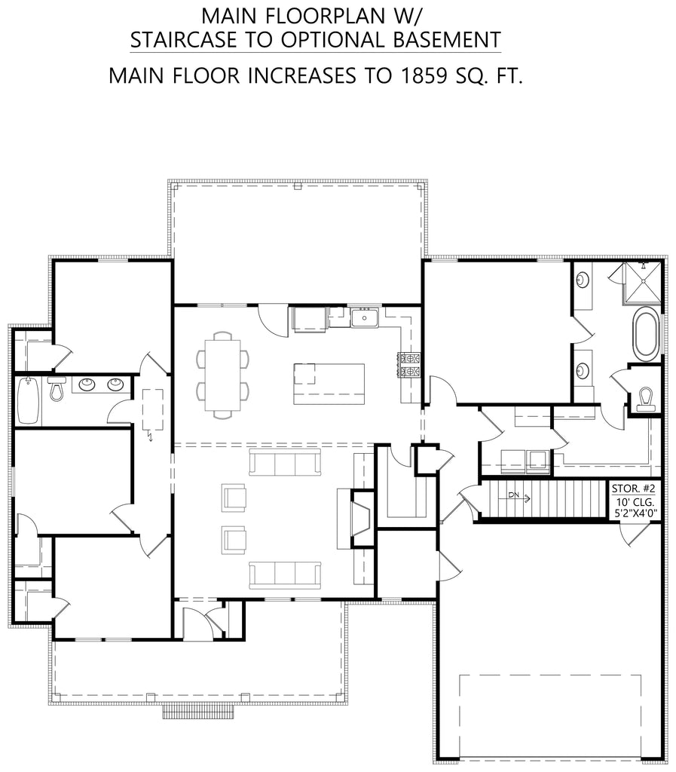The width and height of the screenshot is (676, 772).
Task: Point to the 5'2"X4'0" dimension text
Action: click(x=636, y=514)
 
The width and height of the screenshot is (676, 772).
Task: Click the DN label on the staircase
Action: click(x=513, y=495)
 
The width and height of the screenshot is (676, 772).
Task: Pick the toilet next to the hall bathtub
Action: click(x=56, y=389)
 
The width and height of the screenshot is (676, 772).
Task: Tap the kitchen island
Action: click(x=329, y=383)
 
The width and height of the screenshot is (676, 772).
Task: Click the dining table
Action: click(x=223, y=374)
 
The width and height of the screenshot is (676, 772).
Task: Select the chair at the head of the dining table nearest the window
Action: click(x=223, y=335)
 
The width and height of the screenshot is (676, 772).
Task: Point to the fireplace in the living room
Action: click(x=359, y=519)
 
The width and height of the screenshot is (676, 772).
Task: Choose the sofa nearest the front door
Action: click(x=285, y=574)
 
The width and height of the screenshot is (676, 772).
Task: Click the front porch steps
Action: click(x=197, y=711)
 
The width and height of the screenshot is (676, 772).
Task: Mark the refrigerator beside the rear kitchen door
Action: click(x=309, y=319)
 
